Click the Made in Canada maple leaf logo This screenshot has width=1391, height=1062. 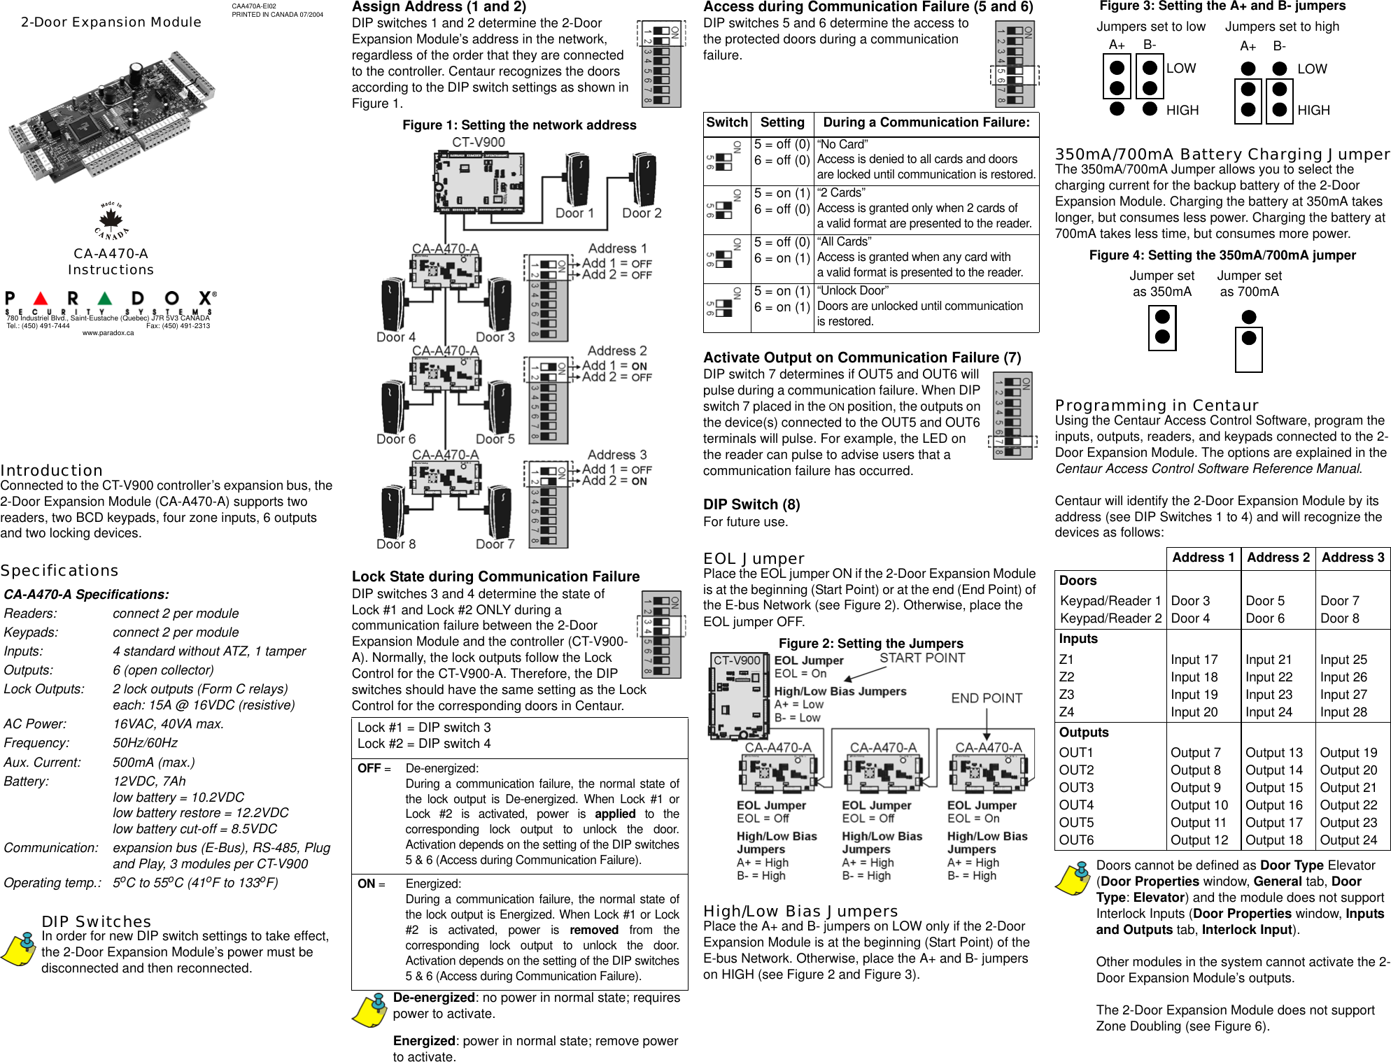tap(111, 222)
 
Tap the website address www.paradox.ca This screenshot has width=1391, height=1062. tap(108, 333)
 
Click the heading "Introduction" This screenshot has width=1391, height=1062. tap(52, 470)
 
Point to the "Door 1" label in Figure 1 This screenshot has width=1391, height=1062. tap(574, 213)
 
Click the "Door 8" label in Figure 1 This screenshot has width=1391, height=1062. tap(396, 544)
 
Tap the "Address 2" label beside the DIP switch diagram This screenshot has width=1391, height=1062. tap(617, 351)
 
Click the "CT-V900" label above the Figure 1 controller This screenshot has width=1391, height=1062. tap(478, 142)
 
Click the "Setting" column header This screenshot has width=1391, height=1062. tap(782, 122)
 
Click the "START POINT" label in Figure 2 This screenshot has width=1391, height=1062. tap(922, 658)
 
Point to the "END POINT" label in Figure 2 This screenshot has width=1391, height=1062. tap(987, 698)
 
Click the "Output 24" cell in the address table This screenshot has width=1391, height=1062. tap(1348, 840)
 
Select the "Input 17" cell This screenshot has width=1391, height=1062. tap(1194, 660)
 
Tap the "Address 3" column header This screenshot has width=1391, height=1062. tap(1353, 558)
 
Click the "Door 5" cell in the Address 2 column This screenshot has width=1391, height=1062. tap(1265, 601)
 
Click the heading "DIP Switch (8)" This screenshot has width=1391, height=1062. tap(751, 504)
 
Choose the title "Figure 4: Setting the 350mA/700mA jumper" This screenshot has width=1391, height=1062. tap(1222, 255)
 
